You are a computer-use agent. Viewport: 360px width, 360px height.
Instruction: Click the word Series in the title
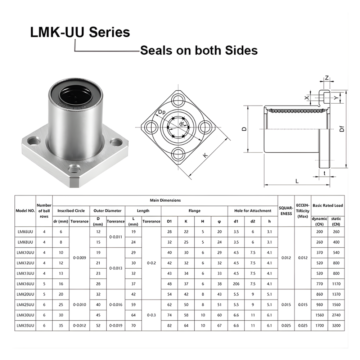click(109, 32)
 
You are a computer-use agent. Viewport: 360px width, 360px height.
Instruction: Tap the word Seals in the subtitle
click(156, 50)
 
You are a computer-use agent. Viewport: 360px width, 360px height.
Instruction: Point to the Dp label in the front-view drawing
click(162, 112)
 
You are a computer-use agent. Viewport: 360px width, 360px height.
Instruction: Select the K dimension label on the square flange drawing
click(206, 156)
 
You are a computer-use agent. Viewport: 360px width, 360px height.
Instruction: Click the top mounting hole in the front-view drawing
click(179, 100)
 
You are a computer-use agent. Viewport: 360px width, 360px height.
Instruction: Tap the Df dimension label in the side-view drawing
click(342, 129)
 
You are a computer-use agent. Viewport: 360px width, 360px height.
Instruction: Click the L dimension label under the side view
click(297, 181)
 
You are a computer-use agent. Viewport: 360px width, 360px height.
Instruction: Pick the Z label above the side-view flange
click(327, 78)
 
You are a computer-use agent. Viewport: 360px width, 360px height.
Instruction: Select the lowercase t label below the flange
click(324, 174)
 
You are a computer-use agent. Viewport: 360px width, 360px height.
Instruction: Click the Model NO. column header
click(25, 211)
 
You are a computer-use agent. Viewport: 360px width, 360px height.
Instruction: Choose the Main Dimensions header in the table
click(165, 200)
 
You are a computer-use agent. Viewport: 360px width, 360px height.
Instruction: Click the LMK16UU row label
click(25, 284)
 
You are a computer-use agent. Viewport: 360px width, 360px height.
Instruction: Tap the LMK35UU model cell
click(25, 325)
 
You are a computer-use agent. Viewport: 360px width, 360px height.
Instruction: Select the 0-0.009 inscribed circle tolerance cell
click(80, 258)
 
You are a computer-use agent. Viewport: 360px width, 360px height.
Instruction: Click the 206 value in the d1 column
click(236, 284)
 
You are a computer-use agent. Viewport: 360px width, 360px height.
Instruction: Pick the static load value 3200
click(336, 325)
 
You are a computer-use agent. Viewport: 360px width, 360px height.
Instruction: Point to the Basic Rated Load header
click(328, 206)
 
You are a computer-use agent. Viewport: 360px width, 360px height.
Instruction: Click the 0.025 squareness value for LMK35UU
click(286, 325)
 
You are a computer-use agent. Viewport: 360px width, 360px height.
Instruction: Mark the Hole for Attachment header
click(253, 211)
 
